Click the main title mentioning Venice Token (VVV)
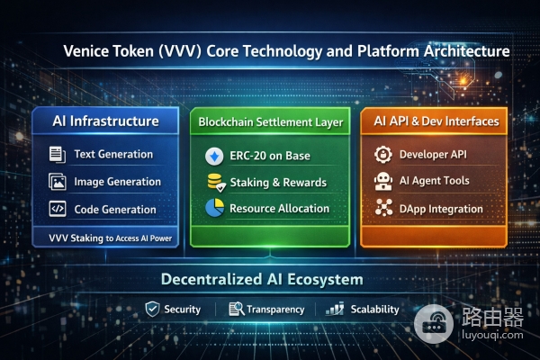[x=286, y=51]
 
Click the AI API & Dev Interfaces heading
[x=431, y=121]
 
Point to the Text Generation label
[x=113, y=154]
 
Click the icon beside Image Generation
[x=57, y=182]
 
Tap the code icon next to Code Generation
[x=57, y=209]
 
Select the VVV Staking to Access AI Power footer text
[x=111, y=238]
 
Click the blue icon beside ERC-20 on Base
[x=214, y=156]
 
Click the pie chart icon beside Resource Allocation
[x=214, y=209]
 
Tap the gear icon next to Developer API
[x=382, y=155]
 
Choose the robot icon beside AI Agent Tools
[x=382, y=182]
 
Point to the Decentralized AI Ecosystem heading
[x=262, y=279]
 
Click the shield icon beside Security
[x=151, y=310]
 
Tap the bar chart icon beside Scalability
[x=336, y=310]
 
